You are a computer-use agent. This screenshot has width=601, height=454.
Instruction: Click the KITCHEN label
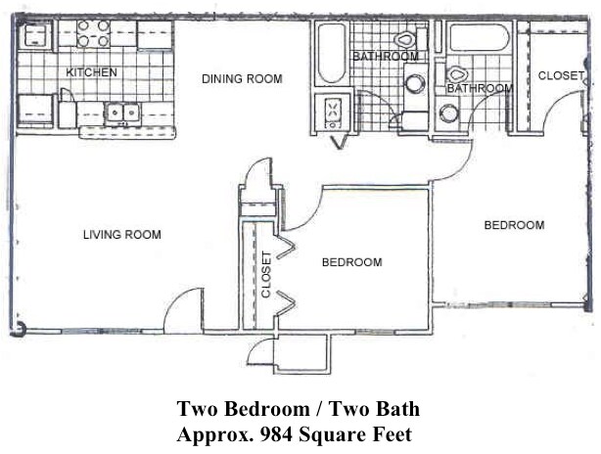pyautogui.click(x=92, y=72)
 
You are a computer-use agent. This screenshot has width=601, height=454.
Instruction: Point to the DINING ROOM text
pyautogui.click(x=242, y=79)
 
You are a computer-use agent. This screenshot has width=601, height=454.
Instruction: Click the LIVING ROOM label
pyautogui.click(x=121, y=235)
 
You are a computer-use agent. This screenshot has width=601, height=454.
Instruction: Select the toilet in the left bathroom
pyautogui.click(x=405, y=42)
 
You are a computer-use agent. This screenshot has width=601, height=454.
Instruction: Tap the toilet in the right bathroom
pyautogui.click(x=456, y=73)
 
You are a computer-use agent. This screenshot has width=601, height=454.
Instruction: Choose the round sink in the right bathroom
pyautogui.click(x=450, y=113)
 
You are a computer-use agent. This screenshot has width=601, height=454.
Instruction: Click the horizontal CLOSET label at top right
pyautogui.click(x=561, y=74)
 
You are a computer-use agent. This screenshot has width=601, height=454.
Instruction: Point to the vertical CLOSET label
pyautogui.click(x=265, y=275)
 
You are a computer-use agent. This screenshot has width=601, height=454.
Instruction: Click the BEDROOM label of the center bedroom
pyautogui.click(x=352, y=262)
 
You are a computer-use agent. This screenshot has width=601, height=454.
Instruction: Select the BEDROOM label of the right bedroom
pyautogui.click(x=514, y=226)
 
